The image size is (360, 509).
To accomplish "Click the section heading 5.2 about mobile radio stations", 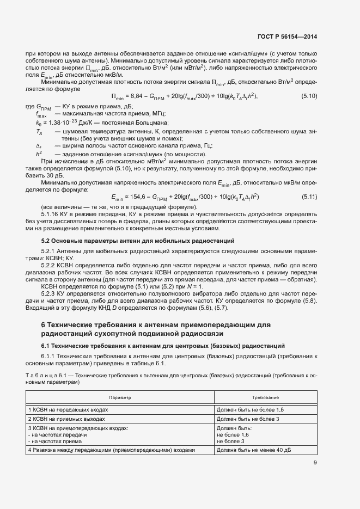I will coord(138,240).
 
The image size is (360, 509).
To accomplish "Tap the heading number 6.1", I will coord(47,346).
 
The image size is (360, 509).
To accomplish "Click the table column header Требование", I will coord(265,398).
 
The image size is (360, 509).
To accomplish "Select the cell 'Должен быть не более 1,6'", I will coord(250,409).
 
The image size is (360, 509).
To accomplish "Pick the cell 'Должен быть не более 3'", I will coord(248,419).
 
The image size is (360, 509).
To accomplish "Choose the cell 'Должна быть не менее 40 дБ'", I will coord(253,450).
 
